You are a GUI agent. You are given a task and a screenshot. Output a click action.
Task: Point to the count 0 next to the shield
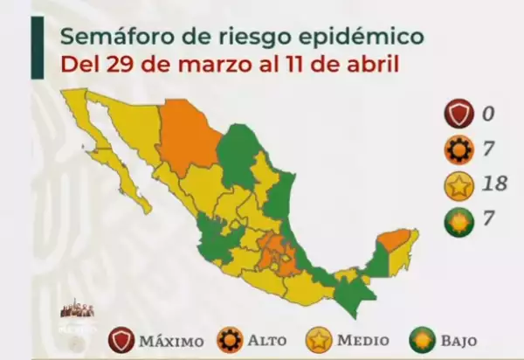tap(490, 114)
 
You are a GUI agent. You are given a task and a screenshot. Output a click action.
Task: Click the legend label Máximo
tap(171, 339)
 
